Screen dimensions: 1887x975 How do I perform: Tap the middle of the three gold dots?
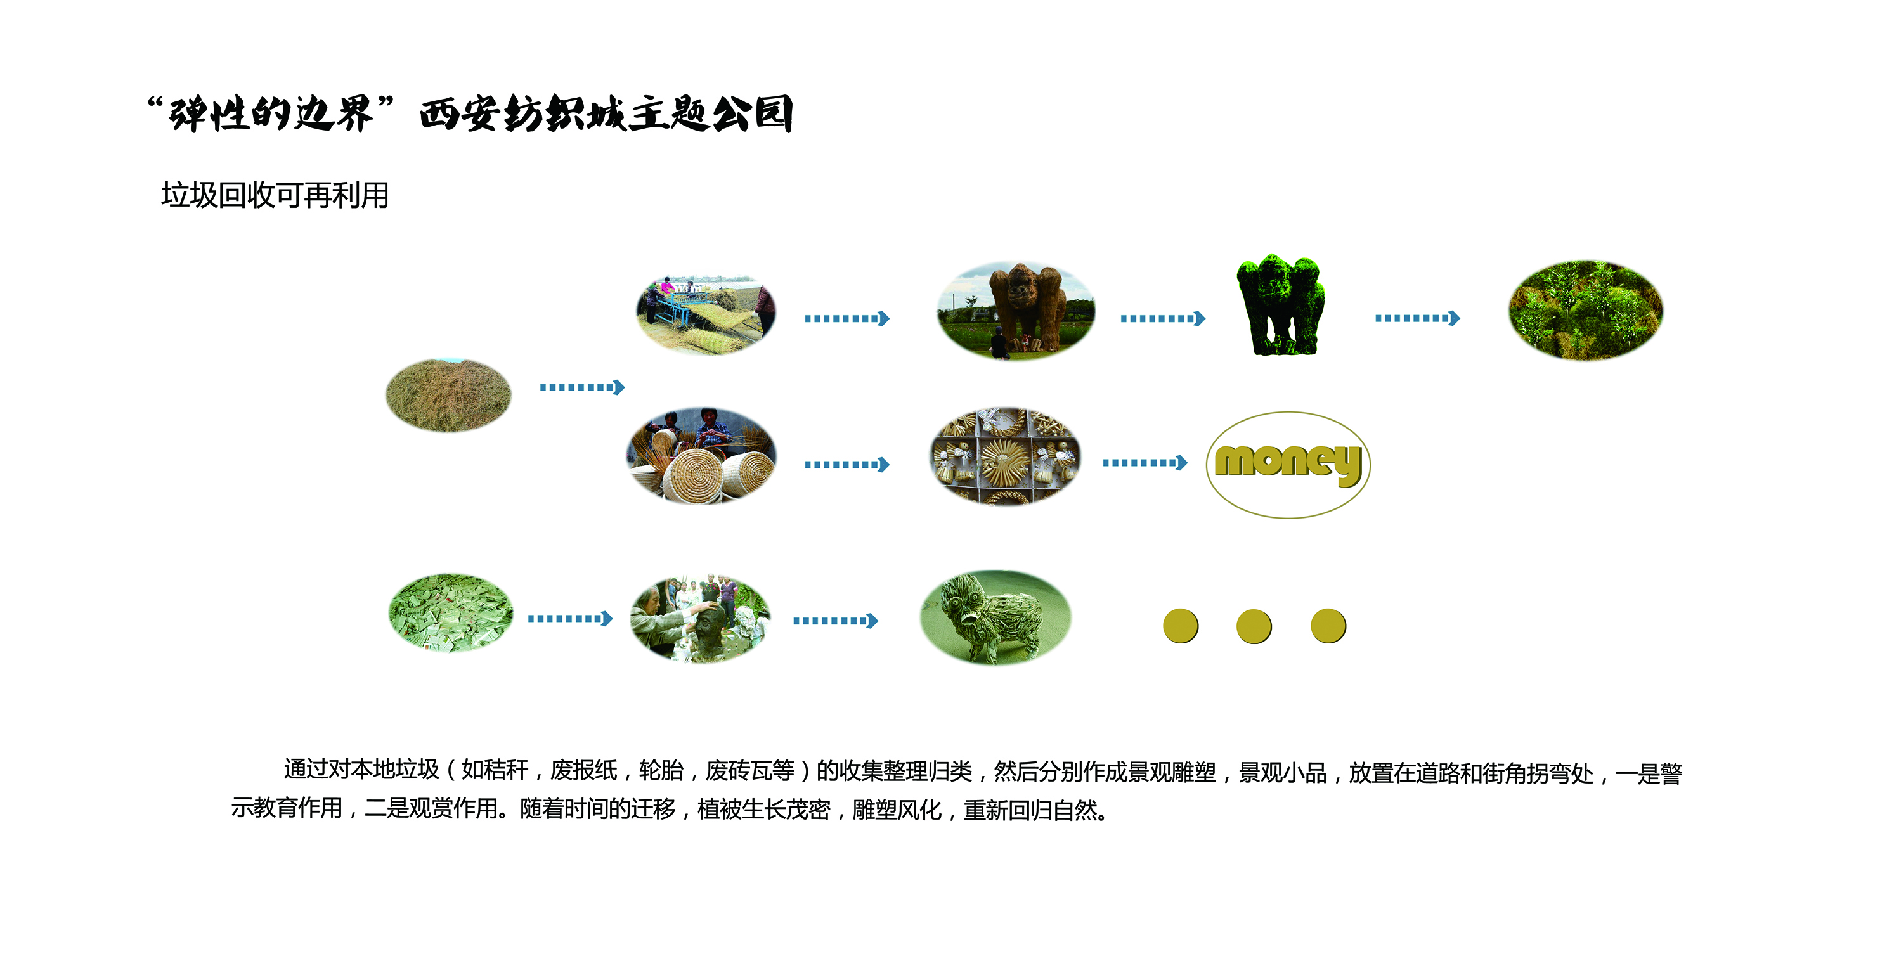[1254, 626]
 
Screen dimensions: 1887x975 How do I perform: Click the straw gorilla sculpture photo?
[1015, 311]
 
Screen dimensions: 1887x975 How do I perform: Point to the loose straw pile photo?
[448, 395]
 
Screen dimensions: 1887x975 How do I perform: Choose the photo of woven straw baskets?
[701, 456]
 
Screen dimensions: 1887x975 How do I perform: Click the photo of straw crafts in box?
[1005, 456]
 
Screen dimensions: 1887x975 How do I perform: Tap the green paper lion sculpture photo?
[995, 617]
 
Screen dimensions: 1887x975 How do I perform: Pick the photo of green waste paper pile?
[450, 613]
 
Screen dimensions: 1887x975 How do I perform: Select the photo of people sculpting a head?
[700, 619]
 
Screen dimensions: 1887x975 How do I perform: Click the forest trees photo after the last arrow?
[1586, 310]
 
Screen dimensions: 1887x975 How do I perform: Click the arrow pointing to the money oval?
[1145, 462]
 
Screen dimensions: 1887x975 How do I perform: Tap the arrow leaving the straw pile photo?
[582, 387]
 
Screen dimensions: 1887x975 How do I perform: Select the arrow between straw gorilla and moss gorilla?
[1162, 318]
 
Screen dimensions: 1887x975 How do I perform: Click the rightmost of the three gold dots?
[1328, 626]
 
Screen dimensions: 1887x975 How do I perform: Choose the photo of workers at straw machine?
[706, 315]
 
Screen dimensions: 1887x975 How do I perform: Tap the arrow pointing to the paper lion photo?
[836, 621]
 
